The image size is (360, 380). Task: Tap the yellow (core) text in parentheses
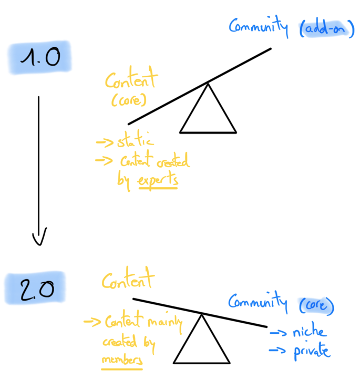pos(125,99)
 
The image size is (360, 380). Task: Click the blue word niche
pos(310,333)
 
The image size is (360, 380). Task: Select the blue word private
pos(312,351)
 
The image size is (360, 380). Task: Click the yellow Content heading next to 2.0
pos(128,281)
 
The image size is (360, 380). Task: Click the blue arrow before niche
pos(278,333)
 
